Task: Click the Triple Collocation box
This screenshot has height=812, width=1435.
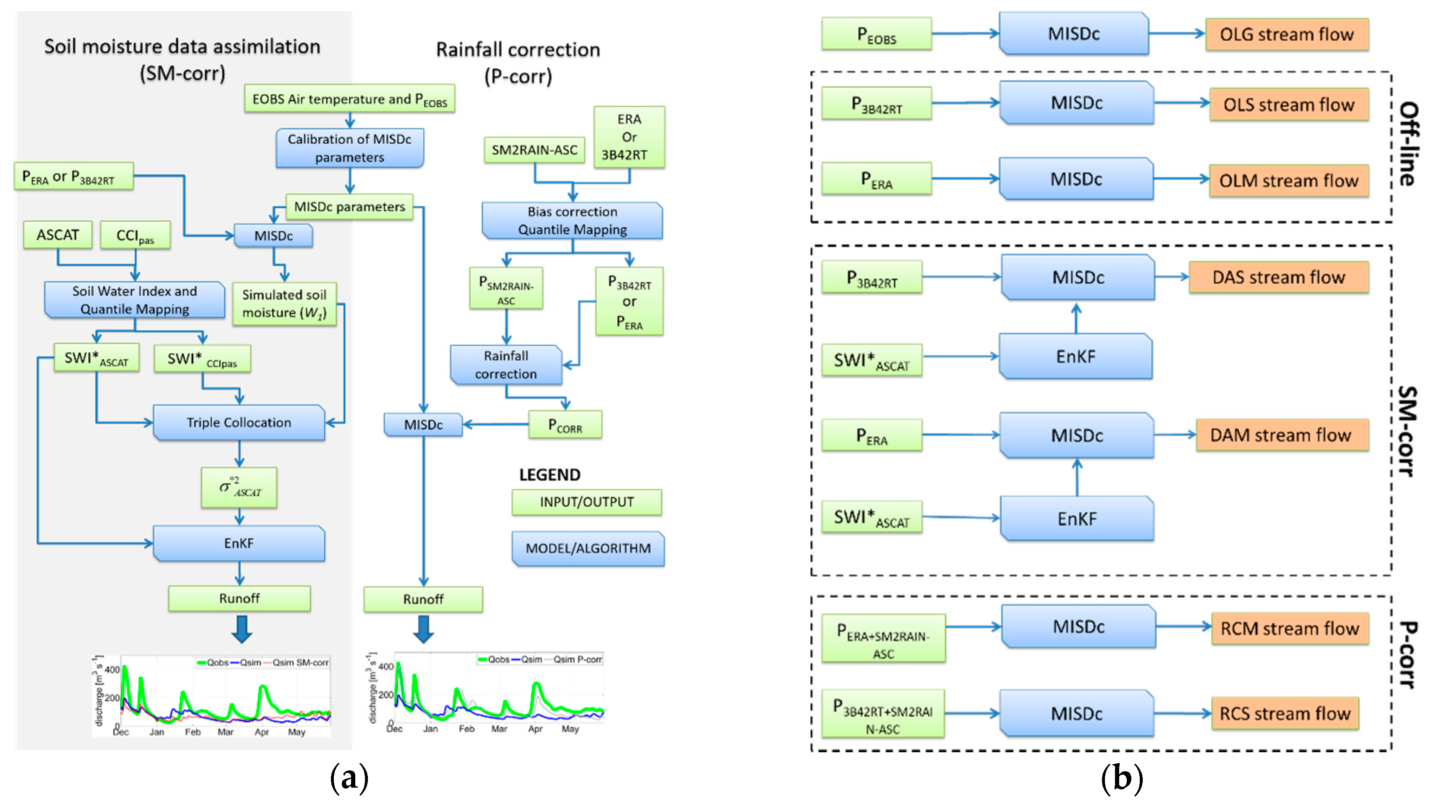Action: coord(239,422)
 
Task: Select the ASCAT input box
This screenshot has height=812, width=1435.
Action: coord(58,235)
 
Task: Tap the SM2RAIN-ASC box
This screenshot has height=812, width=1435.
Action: coord(534,150)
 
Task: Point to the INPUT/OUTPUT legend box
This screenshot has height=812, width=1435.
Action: coord(586,502)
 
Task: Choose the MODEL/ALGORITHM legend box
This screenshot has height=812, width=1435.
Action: coord(588,548)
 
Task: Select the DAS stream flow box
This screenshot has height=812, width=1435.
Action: coord(1278,277)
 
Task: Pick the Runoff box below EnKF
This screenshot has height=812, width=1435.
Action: coord(239,598)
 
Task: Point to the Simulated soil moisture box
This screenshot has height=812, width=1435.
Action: coord(284,304)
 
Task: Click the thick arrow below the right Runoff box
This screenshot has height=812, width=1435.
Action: coord(423,629)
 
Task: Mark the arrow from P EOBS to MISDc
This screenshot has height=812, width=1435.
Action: coord(965,34)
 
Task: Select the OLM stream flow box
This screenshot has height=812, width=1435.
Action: coord(1288,181)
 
